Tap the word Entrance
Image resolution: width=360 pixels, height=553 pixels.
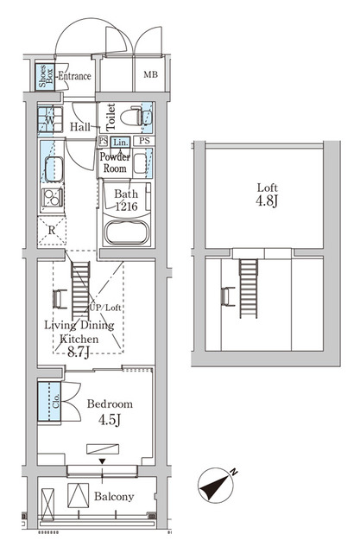74,76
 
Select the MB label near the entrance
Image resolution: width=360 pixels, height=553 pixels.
150,75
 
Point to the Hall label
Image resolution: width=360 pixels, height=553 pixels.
80,126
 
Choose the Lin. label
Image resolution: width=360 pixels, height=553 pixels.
120,141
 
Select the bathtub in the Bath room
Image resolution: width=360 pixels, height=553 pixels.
126,231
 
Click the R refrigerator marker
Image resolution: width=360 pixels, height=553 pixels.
53,232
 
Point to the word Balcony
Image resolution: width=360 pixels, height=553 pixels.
113,496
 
